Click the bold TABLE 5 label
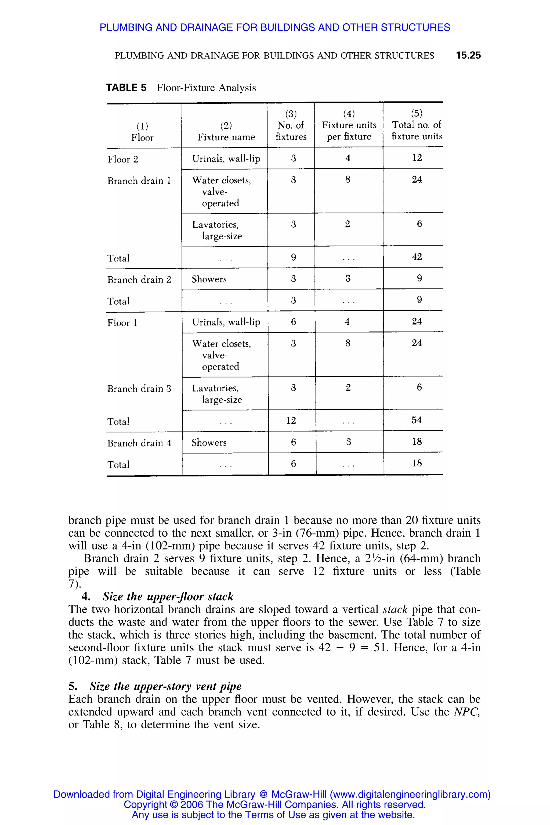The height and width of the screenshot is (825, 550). pyautogui.click(x=126, y=88)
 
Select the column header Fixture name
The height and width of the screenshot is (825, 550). pyautogui.click(x=226, y=137)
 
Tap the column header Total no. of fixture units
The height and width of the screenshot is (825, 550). pyautogui.click(x=417, y=131)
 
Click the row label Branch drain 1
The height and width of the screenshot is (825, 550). pyautogui.click(x=139, y=181)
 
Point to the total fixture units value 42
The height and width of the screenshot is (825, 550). pyautogui.click(x=417, y=257)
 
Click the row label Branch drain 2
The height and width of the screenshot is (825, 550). pyautogui.click(x=139, y=280)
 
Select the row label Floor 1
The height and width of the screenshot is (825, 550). pyautogui.click(x=122, y=323)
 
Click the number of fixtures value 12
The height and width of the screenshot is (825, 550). pyautogui.click(x=291, y=421)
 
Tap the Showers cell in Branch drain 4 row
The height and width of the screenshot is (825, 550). pyautogui.click(x=209, y=443)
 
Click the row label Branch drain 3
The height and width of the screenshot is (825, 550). pyautogui.click(x=139, y=389)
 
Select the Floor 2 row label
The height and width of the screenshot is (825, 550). pyautogui.click(x=123, y=159)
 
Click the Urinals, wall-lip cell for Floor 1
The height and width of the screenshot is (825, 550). pyautogui.click(x=226, y=322)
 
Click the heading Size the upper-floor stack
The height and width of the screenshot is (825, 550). pyautogui.click(x=168, y=597)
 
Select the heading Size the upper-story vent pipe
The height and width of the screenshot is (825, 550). pyautogui.click(x=165, y=686)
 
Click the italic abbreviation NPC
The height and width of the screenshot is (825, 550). pyautogui.click(x=466, y=712)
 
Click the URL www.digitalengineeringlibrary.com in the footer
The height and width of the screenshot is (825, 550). pyautogui.click(x=410, y=794)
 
